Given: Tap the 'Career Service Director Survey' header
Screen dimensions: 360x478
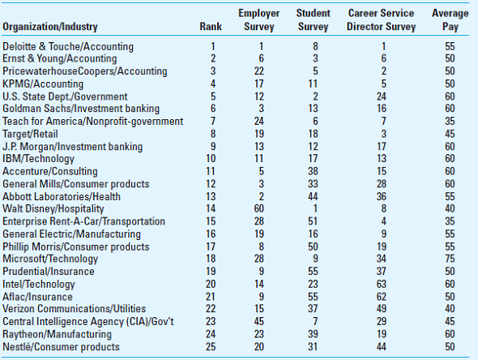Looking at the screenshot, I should (381, 20).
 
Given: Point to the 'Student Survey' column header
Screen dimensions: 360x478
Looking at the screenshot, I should (313, 20).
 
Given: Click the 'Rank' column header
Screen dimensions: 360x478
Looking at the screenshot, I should (211, 27).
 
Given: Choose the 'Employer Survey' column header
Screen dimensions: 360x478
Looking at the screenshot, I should (258, 20).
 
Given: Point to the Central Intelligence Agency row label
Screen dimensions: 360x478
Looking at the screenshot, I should (89, 321).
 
